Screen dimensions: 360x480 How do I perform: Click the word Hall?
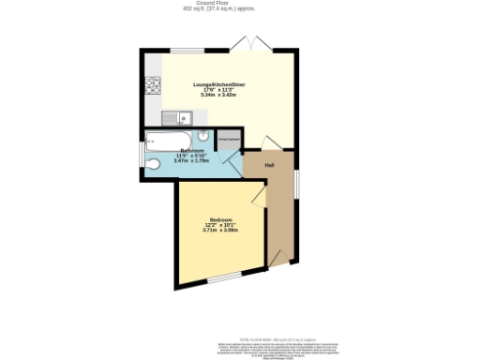click(x=269, y=166)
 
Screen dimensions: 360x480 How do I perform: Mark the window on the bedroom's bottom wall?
click(x=225, y=278)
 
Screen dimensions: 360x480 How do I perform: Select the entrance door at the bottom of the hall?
click(x=277, y=256)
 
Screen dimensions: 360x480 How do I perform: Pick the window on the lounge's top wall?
click(x=193, y=49)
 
